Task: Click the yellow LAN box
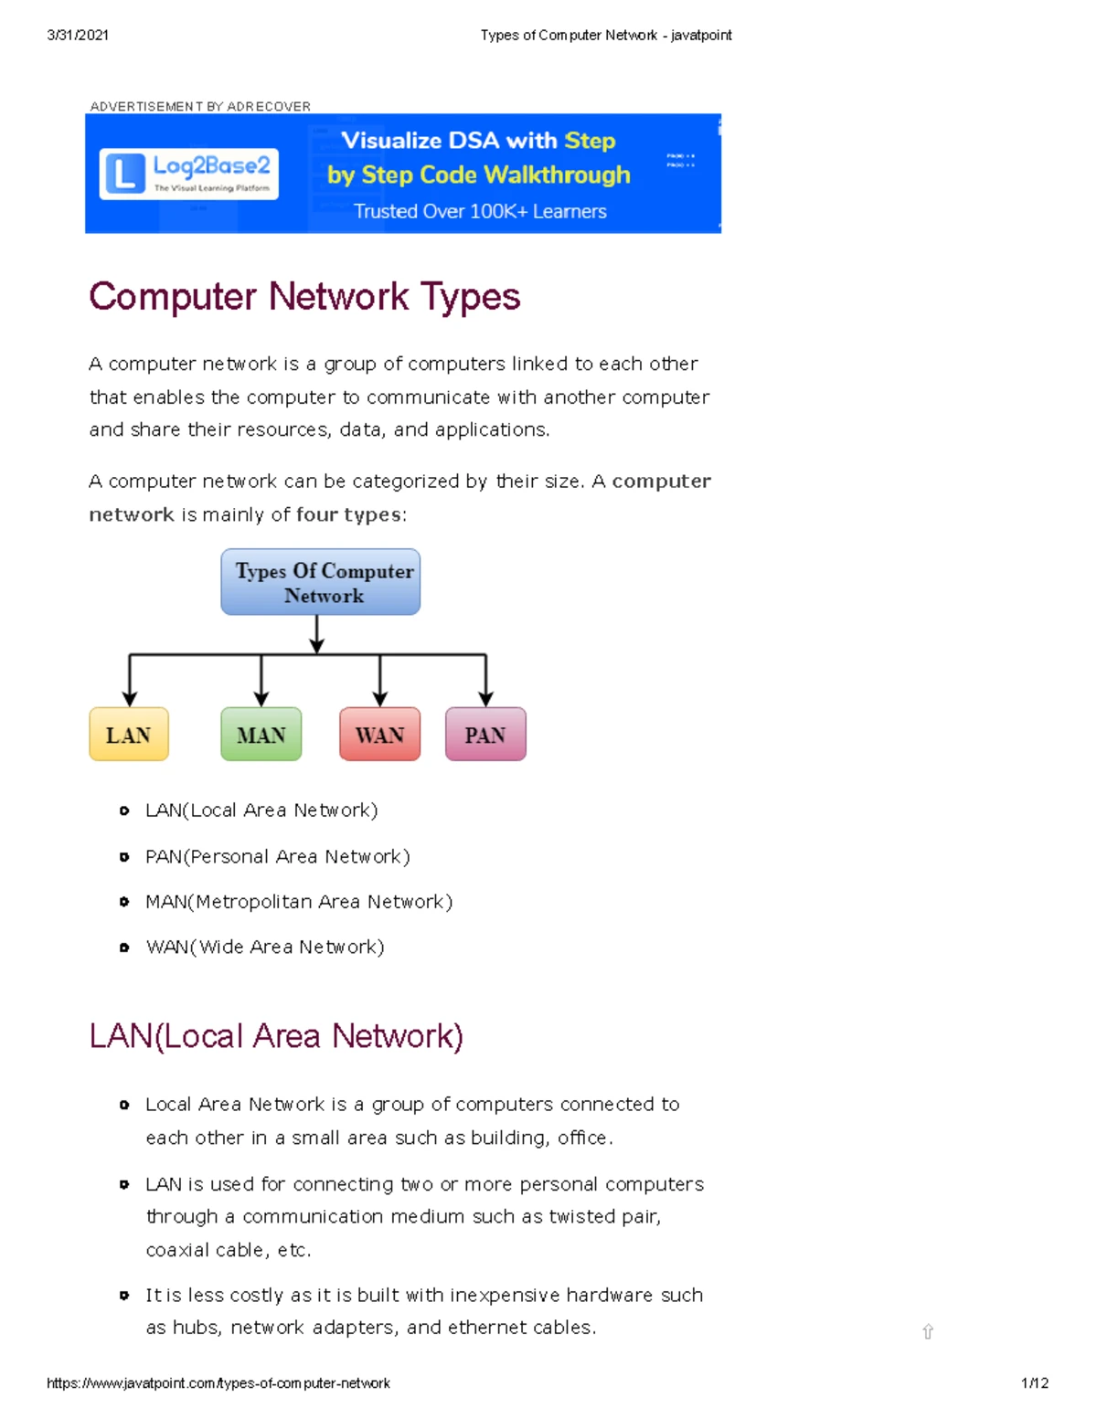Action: tap(129, 735)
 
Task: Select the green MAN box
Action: tap(261, 735)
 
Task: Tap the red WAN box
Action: tap(379, 735)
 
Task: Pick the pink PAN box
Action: tap(485, 735)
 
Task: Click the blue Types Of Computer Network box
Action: tap(321, 582)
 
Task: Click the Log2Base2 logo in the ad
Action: tap(189, 174)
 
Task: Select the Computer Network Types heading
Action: tap(304, 297)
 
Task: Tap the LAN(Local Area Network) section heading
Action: tap(276, 1036)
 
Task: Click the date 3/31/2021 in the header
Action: tap(78, 36)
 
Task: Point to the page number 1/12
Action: tap(1034, 1383)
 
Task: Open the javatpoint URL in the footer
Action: tap(218, 1383)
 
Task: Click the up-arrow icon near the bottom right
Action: tap(928, 1332)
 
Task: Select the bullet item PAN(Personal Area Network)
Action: tap(278, 857)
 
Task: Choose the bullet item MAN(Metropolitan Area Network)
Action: tap(299, 902)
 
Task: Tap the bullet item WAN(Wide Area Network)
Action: tap(265, 948)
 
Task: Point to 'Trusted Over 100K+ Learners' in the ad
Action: tap(480, 212)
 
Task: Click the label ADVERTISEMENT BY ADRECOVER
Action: tap(200, 107)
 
